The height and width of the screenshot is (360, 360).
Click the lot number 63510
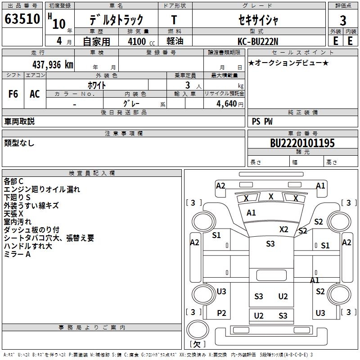[22, 20]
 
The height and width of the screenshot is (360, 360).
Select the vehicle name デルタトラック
[116, 20]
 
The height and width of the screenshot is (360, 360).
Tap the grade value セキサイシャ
[258, 20]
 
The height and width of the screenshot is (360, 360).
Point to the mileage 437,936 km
[53, 65]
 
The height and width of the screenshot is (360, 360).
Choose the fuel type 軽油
[175, 41]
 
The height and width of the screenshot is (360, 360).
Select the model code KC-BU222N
[258, 41]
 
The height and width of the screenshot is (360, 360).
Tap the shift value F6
[13, 94]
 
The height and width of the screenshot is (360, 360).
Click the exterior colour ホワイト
[97, 85]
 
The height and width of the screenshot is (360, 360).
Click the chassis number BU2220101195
[302, 143]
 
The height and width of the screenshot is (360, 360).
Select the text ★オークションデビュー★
[288, 63]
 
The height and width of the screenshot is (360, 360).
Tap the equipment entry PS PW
[262, 121]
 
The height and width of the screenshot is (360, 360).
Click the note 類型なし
[19, 143]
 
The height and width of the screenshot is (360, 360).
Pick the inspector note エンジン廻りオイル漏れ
[42, 189]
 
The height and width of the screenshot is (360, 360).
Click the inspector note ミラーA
[18, 254]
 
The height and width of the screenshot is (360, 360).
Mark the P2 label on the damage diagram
[221, 313]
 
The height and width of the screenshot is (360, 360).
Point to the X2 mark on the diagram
[283, 229]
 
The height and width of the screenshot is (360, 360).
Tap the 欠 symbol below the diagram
[197, 344]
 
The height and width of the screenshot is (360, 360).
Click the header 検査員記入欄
[92, 173]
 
